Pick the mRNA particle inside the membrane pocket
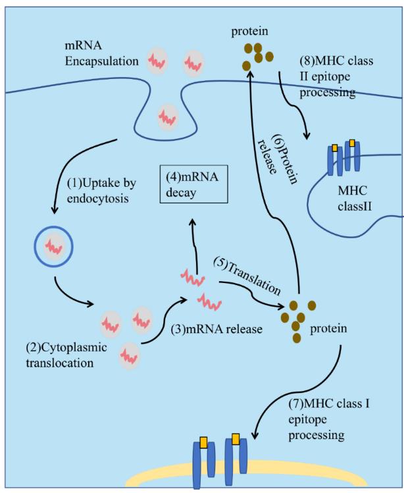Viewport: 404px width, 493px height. pyautogui.click(x=167, y=117)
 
